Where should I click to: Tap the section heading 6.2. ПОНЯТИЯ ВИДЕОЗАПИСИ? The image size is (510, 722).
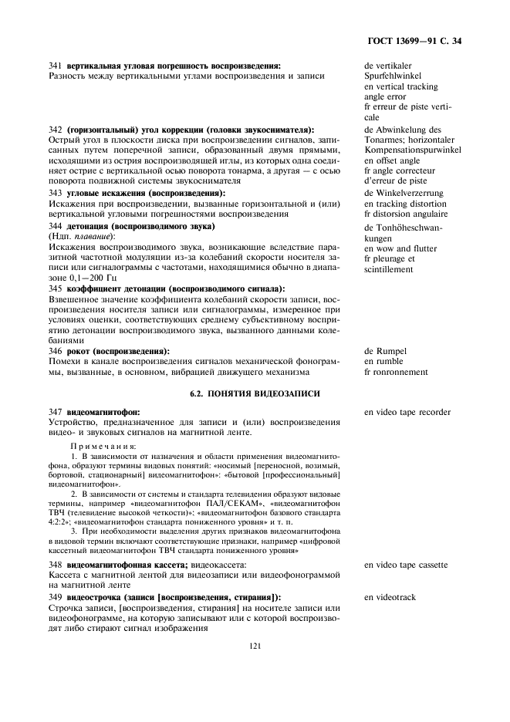pos(255,393)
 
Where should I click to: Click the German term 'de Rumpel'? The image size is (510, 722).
pos(385,351)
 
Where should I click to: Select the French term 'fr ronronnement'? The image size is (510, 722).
pos(396,372)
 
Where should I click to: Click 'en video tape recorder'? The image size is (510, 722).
pos(407,412)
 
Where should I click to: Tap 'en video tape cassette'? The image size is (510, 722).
pos(406,565)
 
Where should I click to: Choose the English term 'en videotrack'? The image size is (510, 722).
pos(390,597)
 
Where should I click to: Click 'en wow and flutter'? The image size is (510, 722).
pos(400,248)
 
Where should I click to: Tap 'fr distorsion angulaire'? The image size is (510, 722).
pos(405,213)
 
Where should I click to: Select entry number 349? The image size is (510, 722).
pos(56,597)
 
